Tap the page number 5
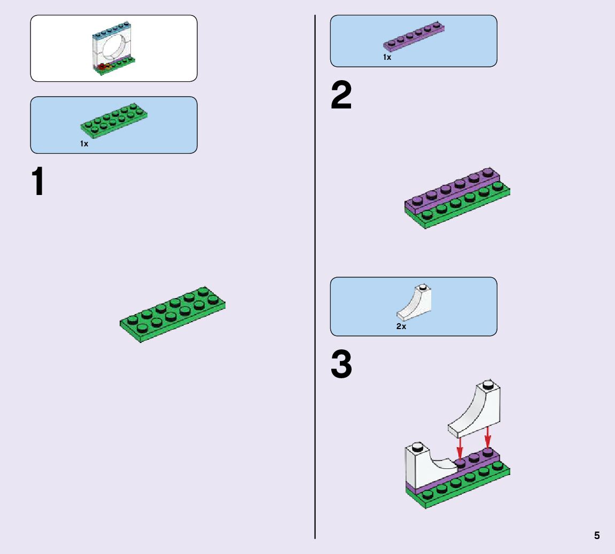pyautogui.click(x=597, y=536)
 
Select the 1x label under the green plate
pyautogui.click(x=84, y=144)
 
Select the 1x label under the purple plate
pyautogui.click(x=387, y=57)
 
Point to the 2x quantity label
pyautogui.click(x=401, y=326)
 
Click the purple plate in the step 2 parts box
pyautogui.click(x=413, y=37)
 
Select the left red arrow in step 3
pyautogui.click(x=459, y=447)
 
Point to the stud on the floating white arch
pyautogui.click(x=487, y=384)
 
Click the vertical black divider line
pyautogui.click(x=315, y=321)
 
